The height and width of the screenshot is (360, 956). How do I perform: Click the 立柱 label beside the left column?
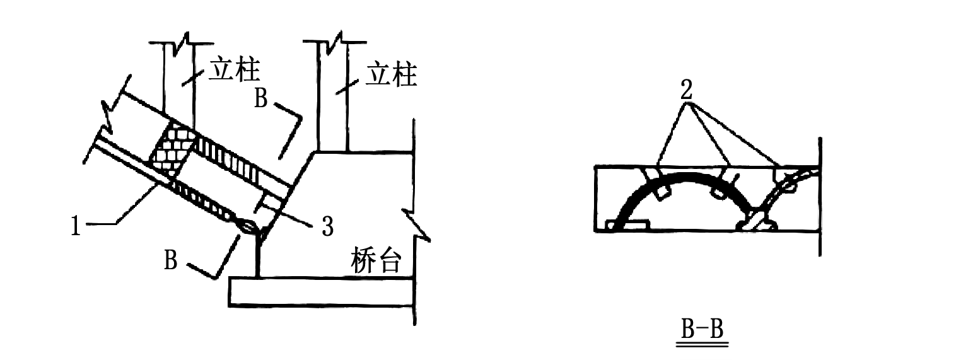click(x=235, y=69)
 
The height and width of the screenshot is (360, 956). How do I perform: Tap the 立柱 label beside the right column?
click(x=392, y=74)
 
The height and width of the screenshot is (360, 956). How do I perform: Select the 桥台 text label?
click(x=376, y=260)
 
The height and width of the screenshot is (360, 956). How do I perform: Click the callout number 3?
click(x=327, y=226)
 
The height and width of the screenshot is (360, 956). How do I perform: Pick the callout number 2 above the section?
click(x=686, y=90)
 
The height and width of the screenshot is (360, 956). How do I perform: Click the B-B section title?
click(x=702, y=330)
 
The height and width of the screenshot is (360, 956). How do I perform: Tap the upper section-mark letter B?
click(x=261, y=98)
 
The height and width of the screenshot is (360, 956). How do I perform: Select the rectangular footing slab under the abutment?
click(x=321, y=292)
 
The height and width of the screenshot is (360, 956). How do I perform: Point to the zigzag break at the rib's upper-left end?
click(x=110, y=117)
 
